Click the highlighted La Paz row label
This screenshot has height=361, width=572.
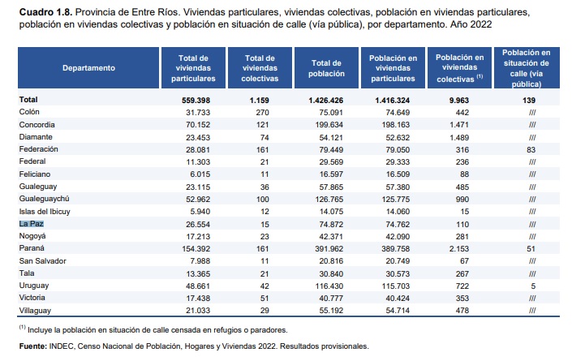tap(32, 222)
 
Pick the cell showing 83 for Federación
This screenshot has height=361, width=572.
tap(532, 149)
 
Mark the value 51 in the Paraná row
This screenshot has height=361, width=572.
tap(532, 247)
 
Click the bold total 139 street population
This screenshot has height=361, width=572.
tap(532, 100)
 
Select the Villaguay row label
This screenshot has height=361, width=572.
tap(36, 309)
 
